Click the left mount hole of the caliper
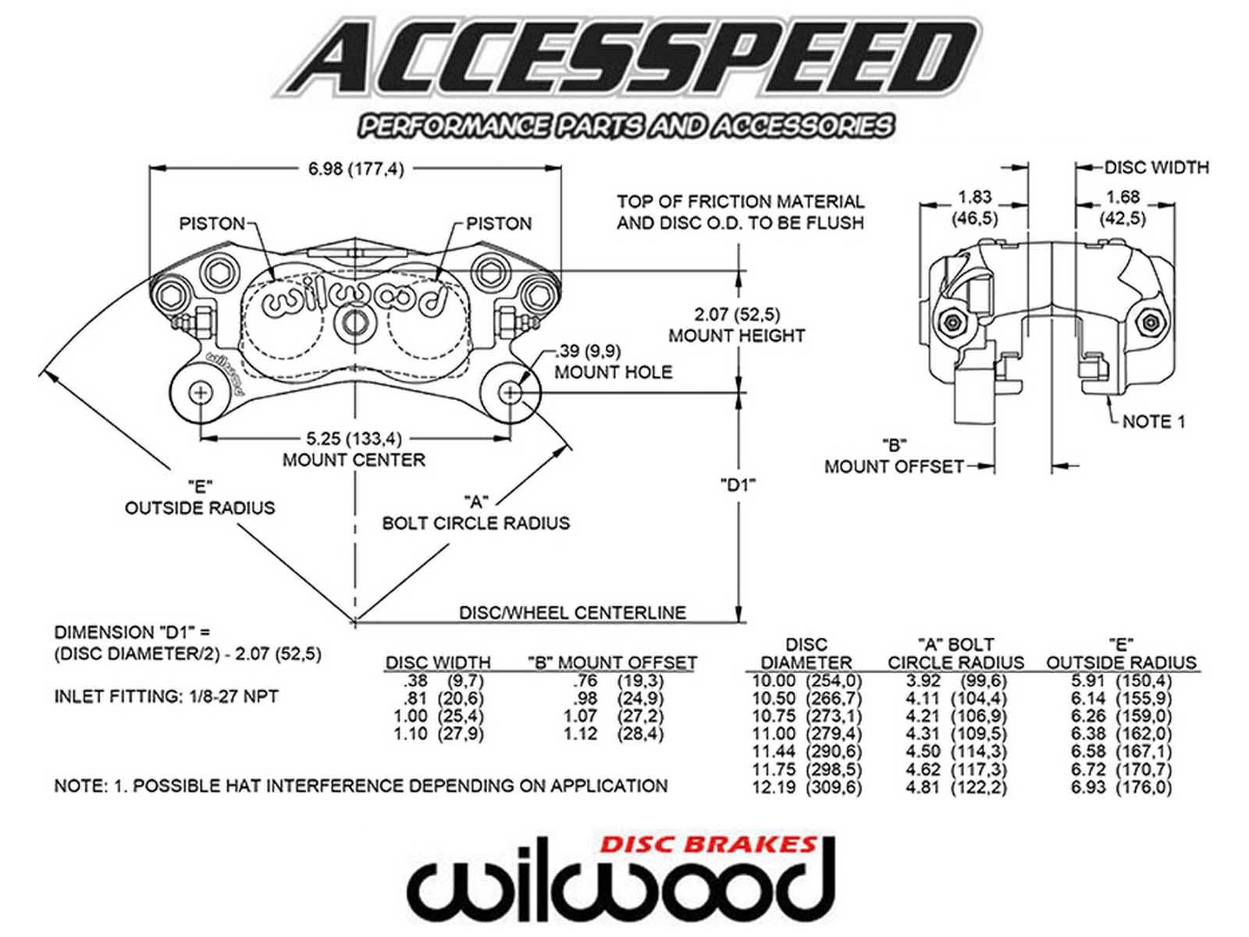point(200,392)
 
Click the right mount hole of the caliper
point(511,392)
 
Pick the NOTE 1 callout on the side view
point(1153,422)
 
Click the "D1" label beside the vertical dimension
point(737,486)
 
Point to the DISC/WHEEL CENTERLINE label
point(572,613)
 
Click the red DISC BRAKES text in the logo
point(708,844)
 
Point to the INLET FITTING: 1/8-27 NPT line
point(166,697)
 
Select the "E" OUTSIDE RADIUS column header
point(1121,654)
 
